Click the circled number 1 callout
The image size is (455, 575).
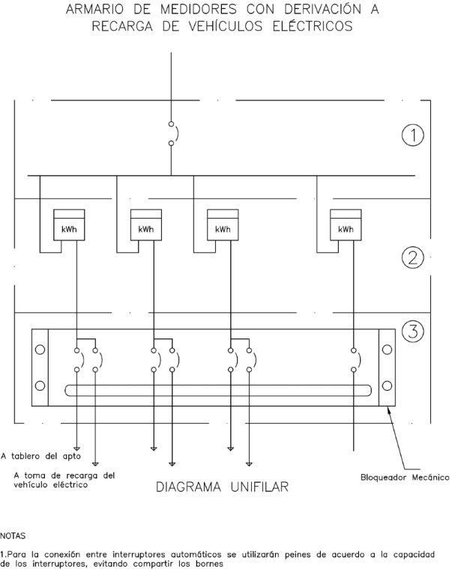413,135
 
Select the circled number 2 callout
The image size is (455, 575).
413,258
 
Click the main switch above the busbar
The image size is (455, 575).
172,133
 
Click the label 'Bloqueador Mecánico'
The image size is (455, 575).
403,476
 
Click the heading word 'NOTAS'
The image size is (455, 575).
13,535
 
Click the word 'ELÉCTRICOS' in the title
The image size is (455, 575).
313,27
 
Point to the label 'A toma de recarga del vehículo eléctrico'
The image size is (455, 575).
64,479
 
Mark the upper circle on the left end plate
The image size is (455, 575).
40,350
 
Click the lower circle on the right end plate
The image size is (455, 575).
387,386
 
